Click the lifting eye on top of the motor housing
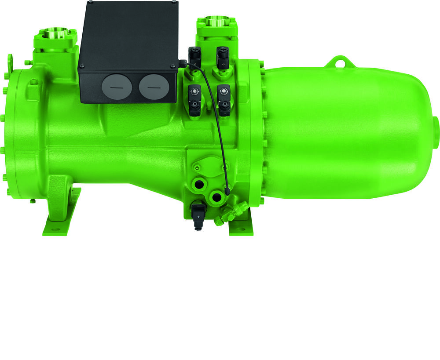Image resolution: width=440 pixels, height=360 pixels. click(x=339, y=61)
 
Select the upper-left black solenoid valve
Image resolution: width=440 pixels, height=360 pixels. click(x=194, y=56)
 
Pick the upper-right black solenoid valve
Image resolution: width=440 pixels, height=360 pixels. click(x=223, y=56)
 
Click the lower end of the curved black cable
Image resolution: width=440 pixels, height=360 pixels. click(x=227, y=192)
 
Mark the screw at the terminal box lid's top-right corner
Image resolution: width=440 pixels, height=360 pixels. click(x=175, y=4)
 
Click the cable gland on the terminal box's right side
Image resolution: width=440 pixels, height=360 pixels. click(x=180, y=64)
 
